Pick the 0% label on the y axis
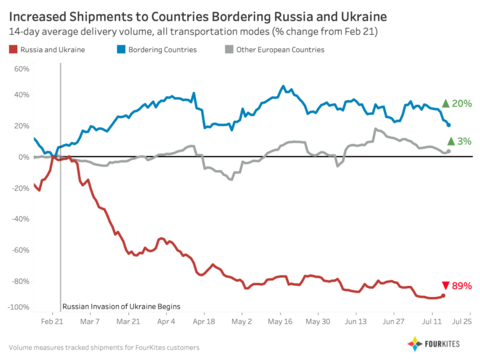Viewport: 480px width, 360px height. click(x=21, y=157)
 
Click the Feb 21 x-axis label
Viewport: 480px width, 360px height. click(x=52, y=323)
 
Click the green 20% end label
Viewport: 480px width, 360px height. click(x=457, y=104)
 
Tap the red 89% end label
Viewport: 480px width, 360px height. click(x=457, y=286)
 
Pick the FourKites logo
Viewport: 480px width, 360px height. click(x=436, y=344)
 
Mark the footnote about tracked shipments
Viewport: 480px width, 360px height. click(x=100, y=346)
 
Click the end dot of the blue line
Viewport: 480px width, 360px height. click(x=448, y=125)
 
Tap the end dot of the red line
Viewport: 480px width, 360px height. click(x=444, y=295)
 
